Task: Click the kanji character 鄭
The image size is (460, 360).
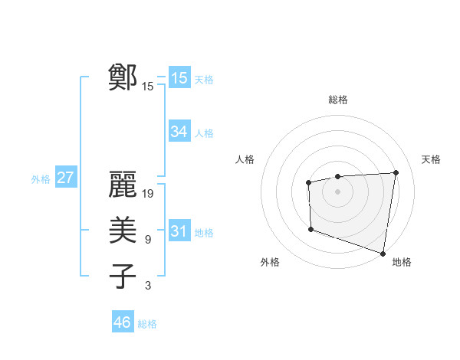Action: [x=123, y=78]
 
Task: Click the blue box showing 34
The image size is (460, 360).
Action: [x=179, y=132]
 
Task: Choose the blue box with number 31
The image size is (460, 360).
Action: [x=179, y=231]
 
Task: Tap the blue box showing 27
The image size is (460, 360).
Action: [x=65, y=178]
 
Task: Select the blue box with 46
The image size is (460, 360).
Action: [x=122, y=322]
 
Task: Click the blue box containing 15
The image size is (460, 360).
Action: [x=179, y=78]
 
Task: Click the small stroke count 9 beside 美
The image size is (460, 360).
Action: [x=147, y=240]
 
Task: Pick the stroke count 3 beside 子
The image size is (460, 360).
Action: [x=147, y=286]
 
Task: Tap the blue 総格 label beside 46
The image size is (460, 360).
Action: [x=147, y=324]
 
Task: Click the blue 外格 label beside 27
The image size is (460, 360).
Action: [x=41, y=179]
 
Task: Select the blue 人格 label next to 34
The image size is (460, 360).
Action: [x=204, y=133]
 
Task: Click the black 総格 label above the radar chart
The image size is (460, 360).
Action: [x=338, y=100]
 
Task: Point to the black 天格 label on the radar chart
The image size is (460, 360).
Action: [x=431, y=159]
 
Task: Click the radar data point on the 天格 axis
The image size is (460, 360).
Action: [x=396, y=172]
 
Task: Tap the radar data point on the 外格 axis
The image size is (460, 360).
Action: [x=310, y=229]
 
